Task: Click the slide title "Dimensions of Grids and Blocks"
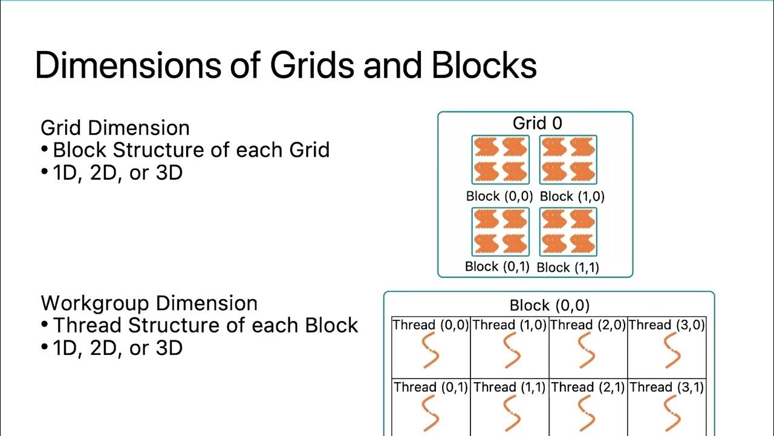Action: pyautogui.click(x=285, y=65)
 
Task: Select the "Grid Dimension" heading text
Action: pyautogui.click(x=115, y=128)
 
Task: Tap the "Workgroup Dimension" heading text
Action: pyautogui.click(x=149, y=303)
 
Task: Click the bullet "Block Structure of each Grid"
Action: pyautogui.click(x=191, y=150)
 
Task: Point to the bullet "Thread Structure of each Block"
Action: pyautogui.click(x=206, y=325)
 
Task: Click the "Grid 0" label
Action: pyautogui.click(x=537, y=124)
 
